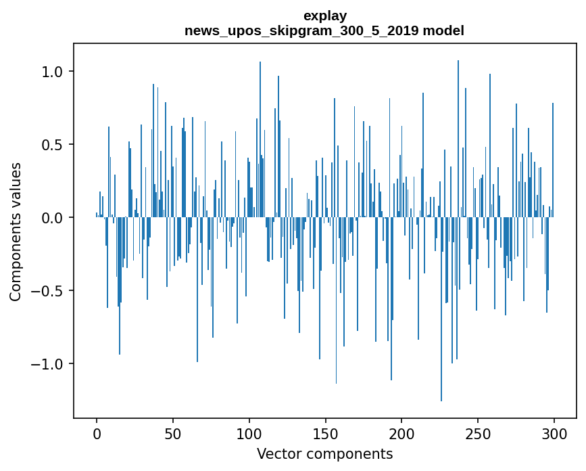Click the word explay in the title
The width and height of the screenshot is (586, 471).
point(324,16)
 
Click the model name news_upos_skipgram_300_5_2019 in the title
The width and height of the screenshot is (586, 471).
point(301,30)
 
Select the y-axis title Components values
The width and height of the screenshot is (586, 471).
point(16,231)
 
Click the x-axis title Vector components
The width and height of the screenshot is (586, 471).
point(324,453)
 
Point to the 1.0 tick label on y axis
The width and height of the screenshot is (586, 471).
point(53,72)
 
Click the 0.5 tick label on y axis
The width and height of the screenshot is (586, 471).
point(53,145)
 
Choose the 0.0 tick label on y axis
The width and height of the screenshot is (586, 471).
point(53,218)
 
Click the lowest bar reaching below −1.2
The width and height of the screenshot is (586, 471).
point(441,338)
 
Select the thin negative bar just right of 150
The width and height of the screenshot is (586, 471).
point(336,325)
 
